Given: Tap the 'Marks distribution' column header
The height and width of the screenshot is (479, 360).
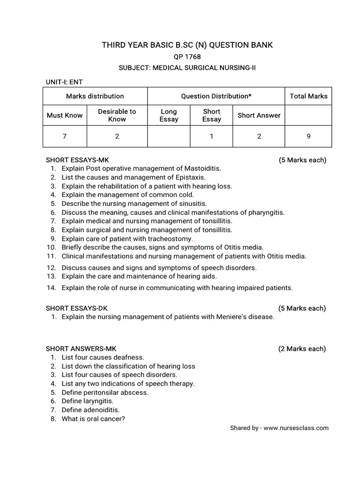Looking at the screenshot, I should (x=95, y=96).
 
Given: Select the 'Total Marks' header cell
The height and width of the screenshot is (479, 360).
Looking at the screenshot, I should (x=308, y=96).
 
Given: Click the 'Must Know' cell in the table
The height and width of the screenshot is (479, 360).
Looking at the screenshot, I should (x=65, y=116).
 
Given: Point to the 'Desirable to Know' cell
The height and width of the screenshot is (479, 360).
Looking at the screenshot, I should (x=117, y=115).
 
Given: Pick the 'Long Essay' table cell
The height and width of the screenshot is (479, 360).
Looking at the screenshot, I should (x=169, y=116).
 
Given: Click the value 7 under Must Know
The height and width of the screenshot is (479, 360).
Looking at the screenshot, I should (x=65, y=137).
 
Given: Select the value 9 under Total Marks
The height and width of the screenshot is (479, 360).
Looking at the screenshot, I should (x=308, y=137).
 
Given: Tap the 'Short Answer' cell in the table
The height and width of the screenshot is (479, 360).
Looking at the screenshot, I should (x=259, y=116).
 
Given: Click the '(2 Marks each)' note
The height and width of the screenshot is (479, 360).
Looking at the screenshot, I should (x=302, y=348).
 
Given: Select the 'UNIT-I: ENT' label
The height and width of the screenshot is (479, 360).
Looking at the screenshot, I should (x=64, y=82).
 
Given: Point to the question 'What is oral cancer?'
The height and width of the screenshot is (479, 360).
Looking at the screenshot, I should (x=93, y=419).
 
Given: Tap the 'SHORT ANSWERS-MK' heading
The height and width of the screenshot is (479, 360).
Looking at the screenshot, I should (x=81, y=348).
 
